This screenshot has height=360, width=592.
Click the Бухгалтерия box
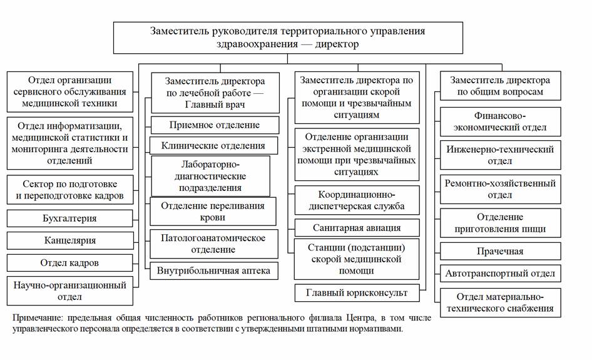click(70, 219)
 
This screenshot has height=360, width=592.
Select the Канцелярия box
click(70, 240)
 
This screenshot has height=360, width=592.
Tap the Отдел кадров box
click(70, 263)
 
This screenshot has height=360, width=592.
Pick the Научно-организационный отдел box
click(70, 291)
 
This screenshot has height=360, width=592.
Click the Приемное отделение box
click(215, 125)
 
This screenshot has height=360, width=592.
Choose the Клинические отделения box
click(213, 145)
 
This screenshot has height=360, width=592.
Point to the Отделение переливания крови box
click(213, 212)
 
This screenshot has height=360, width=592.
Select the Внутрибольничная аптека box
click(213, 271)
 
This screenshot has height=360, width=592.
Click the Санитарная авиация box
click(357, 228)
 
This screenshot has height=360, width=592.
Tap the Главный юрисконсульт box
click(357, 293)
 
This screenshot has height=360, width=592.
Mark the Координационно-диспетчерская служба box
click(357, 200)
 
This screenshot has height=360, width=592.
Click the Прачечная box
click(500, 251)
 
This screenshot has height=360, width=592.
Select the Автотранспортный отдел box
click(500, 274)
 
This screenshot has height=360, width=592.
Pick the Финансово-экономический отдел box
click(500, 121)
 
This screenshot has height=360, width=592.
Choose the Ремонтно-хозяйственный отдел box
click(500, 189)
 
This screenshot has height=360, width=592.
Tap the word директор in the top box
click(337, 44)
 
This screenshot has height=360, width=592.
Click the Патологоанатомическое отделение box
click(213, 244)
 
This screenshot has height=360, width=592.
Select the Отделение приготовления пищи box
click(500, 223)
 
